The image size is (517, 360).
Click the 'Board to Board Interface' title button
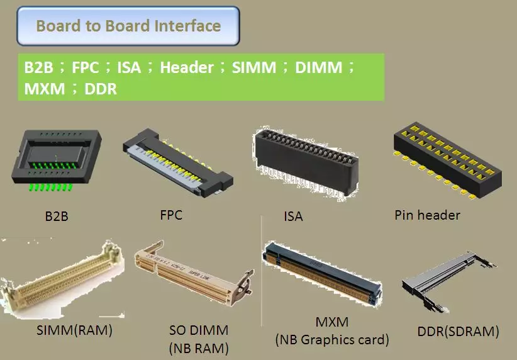[x=128, y=26]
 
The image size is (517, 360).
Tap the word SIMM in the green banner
[x=254, y=67]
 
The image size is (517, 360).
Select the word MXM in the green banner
[x=44, y=89]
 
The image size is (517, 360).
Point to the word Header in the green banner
[x=187, y=67]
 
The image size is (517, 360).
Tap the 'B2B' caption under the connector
[x=56, y=217]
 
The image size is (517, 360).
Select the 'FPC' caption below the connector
[x=171, y=215]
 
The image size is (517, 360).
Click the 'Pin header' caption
[x=427, y=215]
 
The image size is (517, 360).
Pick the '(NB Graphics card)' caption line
[x=332, y=340]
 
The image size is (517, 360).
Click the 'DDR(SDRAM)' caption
[x=458, y=331]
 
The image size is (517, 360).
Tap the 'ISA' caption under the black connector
[x=293, y=217]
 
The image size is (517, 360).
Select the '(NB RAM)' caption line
[x=198, y=347]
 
